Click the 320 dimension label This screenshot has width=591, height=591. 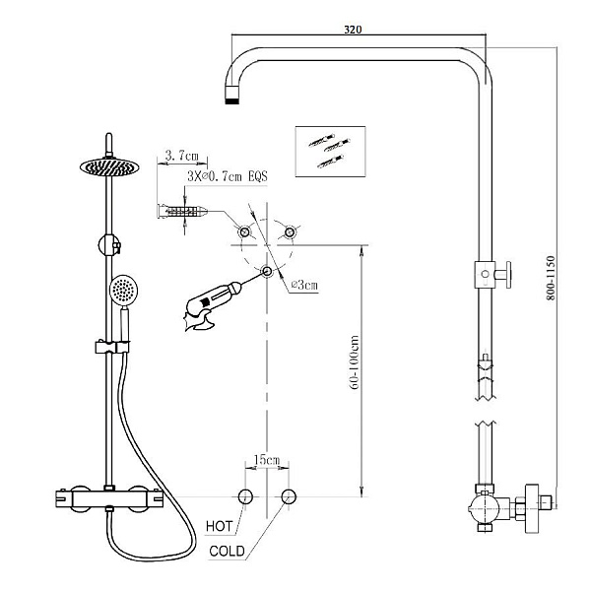[x=353, y=30]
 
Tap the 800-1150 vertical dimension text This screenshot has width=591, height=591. [x=551, y=278]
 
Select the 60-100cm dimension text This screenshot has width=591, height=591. [x=355, y=362]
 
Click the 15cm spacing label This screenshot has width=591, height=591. [x=267, y=460]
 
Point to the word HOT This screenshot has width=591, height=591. [x=220, y=526]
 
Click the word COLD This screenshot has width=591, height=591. [x=227, y=552]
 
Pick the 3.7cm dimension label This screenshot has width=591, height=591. [x=182, y=155]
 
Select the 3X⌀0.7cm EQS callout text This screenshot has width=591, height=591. [x=228, y=176]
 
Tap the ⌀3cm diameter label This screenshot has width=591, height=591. [x=305, y=285]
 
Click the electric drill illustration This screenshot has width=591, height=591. [x=213, y=303]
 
